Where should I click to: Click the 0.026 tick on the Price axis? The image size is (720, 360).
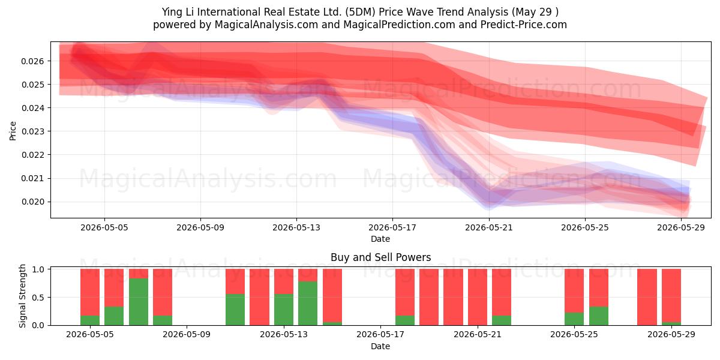(x=32, y=61)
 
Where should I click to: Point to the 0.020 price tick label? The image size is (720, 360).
(x=32, y=202)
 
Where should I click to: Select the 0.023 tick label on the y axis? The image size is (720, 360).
(x=32, y=131)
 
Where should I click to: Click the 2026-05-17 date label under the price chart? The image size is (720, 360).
(x=392, y=227)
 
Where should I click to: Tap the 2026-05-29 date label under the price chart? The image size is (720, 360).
(x=681, y=227)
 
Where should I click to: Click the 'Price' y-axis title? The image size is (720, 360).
(x=13, y=131)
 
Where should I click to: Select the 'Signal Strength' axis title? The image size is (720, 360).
(x=22, y=296)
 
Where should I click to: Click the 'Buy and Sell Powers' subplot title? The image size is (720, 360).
(x=380, y=257)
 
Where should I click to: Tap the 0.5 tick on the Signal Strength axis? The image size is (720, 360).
(x=38, y=298)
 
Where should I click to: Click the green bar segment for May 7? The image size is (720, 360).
(x=139, y=302)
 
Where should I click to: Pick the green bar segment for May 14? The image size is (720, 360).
(x=308, y=304)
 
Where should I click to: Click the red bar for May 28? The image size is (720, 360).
(x=647, y=297)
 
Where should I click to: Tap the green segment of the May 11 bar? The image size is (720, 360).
(x=235, y=310)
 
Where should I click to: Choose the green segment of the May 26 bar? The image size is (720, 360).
(x=599, y=316)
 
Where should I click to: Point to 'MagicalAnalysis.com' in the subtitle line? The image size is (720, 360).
(x=266, y=25)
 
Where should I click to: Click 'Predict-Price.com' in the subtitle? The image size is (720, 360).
(x=524, y=25)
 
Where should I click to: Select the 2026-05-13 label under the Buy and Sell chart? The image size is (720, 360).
(x=283, y=334)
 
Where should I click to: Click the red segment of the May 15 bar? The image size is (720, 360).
(x=332, y=296)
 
